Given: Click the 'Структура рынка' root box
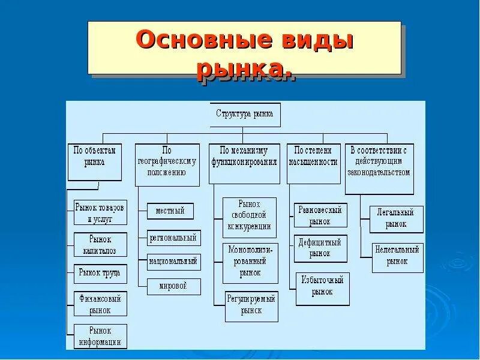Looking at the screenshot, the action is [x=245, y=115].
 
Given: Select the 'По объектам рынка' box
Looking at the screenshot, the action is [x=95, y=161].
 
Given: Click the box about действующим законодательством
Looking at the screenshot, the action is [x=379, y=168].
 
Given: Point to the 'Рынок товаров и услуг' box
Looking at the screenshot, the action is [x=100, y=213].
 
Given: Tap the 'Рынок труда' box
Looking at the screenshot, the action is [x=100, y=273].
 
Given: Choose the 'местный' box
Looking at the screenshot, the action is [x=170, y=211].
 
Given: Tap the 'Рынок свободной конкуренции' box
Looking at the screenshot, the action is [x=249, y=214].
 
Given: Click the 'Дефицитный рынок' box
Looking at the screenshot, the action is [x=320, y=248].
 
